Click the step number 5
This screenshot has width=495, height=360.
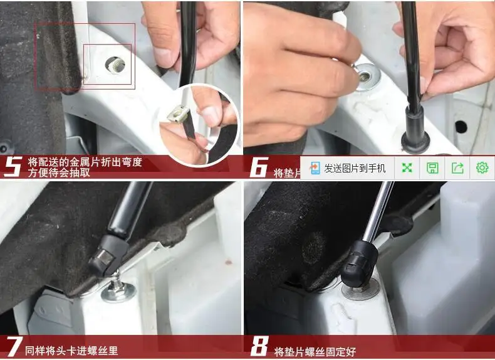pos(13,167)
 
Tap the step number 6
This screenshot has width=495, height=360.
pos(259,167)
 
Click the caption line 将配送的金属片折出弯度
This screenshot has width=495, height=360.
pos(85,162)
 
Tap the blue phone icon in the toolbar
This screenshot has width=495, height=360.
pos(315,168)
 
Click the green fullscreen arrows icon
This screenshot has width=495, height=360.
pos(407,168)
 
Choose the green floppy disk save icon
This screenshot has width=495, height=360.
pos(432,168)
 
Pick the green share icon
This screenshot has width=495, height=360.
pos(457,168)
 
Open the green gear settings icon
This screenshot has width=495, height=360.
pos(482,168)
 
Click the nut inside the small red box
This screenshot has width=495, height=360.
pos(115,63)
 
